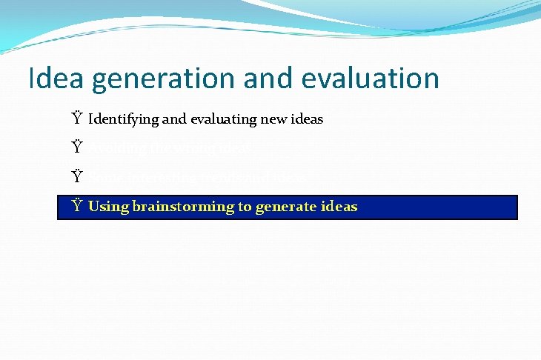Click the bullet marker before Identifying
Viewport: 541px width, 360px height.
[76, 119]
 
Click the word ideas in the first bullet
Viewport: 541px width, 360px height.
[305, 119]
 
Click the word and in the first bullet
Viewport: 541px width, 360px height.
[169, 119]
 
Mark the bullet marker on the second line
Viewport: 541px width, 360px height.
[76, 147]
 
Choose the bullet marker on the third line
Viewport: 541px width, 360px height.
[76, 177]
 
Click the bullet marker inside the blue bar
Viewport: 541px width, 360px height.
[76, 206]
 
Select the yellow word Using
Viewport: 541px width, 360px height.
[108, 207]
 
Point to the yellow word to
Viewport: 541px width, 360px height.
[245, 207]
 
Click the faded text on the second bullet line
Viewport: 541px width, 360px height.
[171, 148]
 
